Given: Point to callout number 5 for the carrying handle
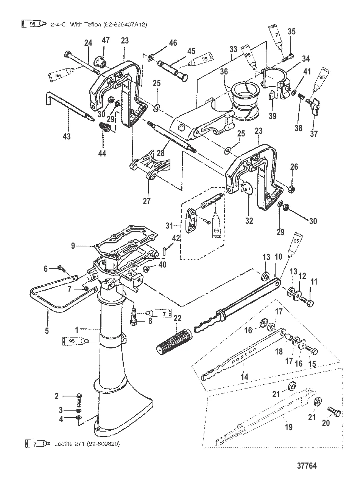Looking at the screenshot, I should tap(47, 331).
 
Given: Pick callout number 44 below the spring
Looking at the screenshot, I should tap(102, 153).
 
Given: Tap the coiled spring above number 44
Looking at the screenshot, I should tap(105, 128).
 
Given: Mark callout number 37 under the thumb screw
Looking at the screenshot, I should tap(314, 134).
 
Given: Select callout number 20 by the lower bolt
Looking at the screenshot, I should tap(326, 423).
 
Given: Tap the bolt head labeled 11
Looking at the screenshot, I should tap(309, 303).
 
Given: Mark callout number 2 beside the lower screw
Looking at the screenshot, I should tap(57, 396).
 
